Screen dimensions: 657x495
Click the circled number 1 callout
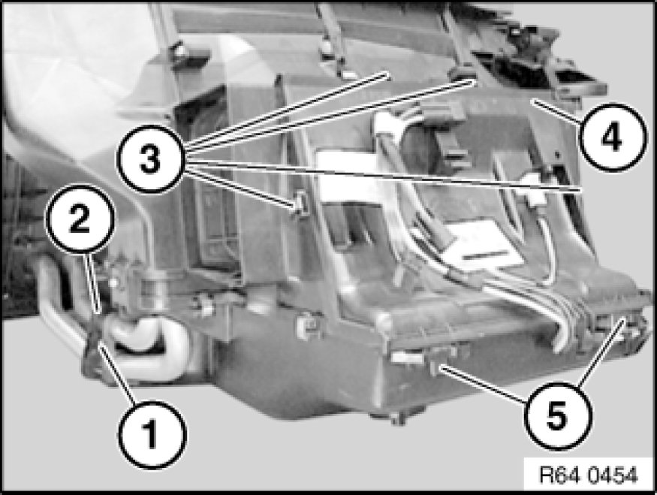pos(151,434)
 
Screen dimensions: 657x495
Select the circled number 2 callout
pos(80,219)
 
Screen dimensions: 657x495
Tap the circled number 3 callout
pos(151,159)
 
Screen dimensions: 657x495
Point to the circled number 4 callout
pos(611,137)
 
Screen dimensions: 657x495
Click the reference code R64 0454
pos(589,475)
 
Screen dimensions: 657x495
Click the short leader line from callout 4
pos(556,110)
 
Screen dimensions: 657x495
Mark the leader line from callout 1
pos(118,374)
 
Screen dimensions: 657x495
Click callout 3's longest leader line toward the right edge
pos(384,176)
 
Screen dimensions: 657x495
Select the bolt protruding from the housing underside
pos(396,418)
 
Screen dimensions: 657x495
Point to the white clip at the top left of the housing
pos(181,52)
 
